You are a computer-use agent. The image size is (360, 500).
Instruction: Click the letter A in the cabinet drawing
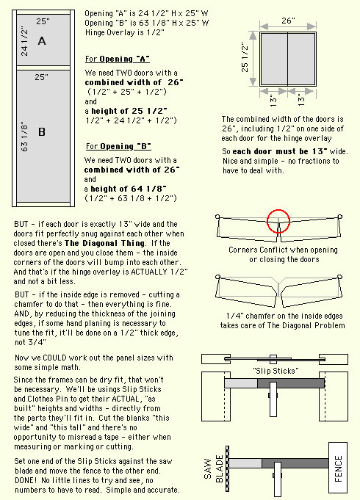click(42, 41)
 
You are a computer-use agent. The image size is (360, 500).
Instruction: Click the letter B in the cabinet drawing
click(42, 132)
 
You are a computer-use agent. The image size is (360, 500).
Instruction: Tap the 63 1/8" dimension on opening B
click(24, 137)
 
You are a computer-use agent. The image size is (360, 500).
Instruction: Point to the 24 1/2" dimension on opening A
click(24, 43)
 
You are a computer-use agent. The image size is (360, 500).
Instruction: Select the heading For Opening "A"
click(118, 59)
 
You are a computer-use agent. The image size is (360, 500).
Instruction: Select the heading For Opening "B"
click(118, 146)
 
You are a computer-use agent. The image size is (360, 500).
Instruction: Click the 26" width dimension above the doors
click(288, 21)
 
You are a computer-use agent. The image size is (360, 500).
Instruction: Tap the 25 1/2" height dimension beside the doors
click(245, 58)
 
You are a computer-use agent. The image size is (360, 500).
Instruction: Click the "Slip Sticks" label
click(276, 371)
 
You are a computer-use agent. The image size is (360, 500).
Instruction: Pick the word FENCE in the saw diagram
click(338, 468)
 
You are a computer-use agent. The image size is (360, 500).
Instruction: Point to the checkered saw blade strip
click(227, 468)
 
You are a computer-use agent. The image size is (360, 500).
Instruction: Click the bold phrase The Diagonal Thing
click(104, 243)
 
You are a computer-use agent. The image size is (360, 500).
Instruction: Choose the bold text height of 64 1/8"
click(129, 189)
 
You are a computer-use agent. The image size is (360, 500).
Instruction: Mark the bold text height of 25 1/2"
click(129, 111)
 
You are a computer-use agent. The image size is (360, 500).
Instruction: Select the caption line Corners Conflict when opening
click(283, 250)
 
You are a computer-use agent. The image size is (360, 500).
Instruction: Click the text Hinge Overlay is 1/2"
click(125, 32)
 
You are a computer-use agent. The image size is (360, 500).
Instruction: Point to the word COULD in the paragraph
click(54, 358)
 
